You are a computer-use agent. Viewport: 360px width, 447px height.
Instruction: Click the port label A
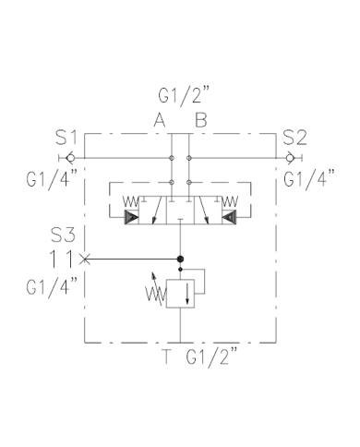click(160, 118)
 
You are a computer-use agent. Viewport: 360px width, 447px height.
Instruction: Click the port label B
click(199, 118)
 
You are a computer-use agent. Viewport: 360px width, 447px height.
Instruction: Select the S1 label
click(66, 139)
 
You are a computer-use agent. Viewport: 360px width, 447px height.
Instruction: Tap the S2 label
click(294, 139)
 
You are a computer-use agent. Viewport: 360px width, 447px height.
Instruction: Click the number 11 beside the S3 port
click(64, 259)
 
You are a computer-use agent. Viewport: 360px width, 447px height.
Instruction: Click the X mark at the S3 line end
click(85, 259)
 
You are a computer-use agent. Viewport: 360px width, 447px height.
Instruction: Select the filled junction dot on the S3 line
click(180, 259)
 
